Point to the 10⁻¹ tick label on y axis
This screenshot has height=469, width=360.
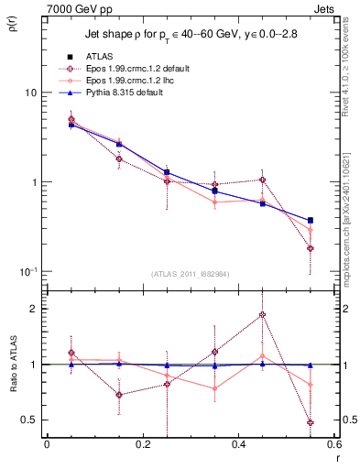pos(29,272)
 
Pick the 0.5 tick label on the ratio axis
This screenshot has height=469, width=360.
pos(31,420)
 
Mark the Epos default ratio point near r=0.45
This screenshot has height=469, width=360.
pos(262,315)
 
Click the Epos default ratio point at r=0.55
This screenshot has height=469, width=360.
pos(311,422)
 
